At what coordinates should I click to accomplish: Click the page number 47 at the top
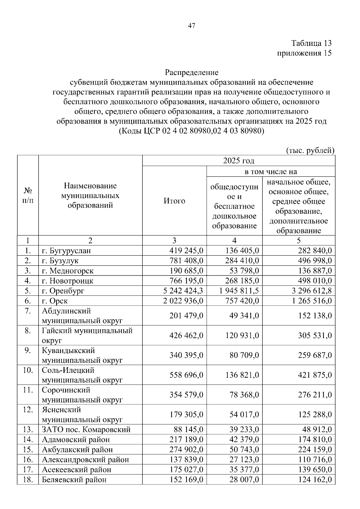tap(191, 26)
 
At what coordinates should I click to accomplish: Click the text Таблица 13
tap(312, 43)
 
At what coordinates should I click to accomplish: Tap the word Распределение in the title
tap(191, 72)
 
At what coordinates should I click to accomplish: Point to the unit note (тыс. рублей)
tap(310, 150)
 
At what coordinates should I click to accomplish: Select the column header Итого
tap(174, 201)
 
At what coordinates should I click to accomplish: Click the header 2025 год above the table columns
tap(238, 161)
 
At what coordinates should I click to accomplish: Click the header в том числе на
tap(271, 171)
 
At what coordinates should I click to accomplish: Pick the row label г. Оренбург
tap(63, 291)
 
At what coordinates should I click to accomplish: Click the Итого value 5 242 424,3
tap(183, 291)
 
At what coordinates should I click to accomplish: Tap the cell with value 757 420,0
tap(242, 301)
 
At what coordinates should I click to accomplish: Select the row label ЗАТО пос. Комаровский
tap(86, 430)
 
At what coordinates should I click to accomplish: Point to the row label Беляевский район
tap(74, 479)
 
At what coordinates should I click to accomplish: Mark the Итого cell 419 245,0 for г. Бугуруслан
tap(186, 250)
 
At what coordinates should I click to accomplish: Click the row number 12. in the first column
tap(28, 410)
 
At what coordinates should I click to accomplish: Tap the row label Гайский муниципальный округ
tap(87, 335)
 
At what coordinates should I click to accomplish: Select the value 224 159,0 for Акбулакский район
tap(315, 450)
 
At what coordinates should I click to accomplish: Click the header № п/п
tap(28, 196)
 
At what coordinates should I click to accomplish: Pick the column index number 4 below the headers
tap(234, 240)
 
